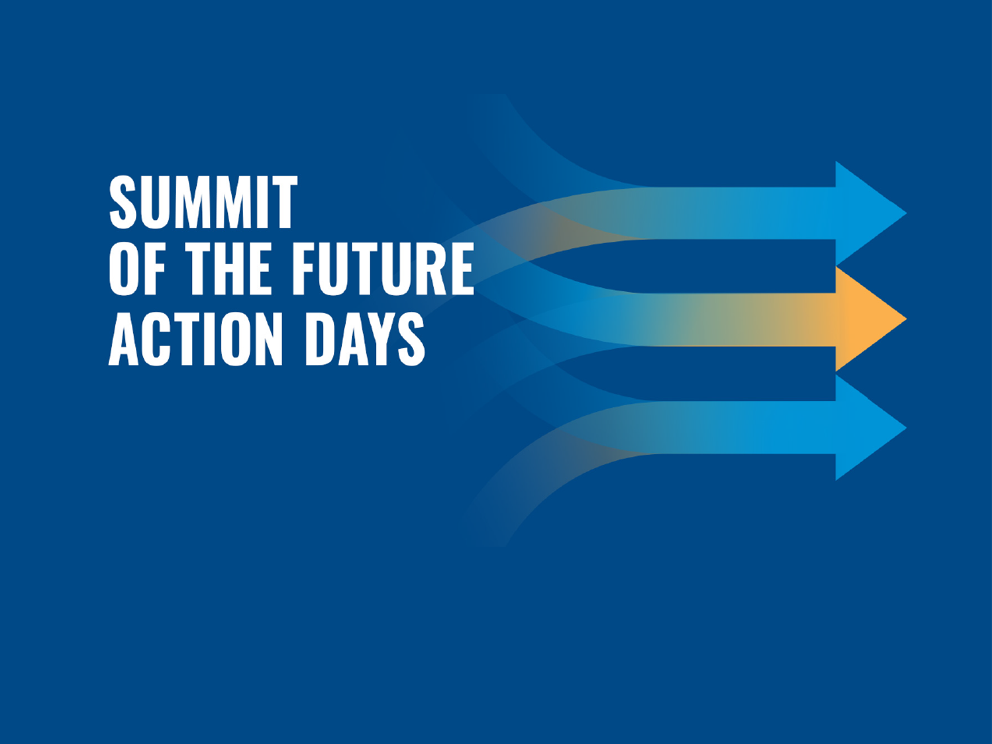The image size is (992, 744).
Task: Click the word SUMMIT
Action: [x=203, y=202]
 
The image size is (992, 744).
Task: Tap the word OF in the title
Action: [x=137, y=269]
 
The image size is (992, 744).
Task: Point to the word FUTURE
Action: [x=383, y=269]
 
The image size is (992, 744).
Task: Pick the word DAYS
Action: [x=365, y=339]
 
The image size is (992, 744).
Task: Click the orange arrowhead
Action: [x=871, y=319]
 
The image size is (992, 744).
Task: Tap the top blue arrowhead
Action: [x=871, y=213]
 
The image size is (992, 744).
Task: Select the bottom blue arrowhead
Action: [x=871, y=428]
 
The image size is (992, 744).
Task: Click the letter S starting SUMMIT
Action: [x=123, y=202]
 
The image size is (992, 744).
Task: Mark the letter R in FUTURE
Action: [x=427, y=269]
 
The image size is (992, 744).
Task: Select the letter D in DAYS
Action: [x=320, y=339]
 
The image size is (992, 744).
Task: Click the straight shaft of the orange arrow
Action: [x=739, y=319]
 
